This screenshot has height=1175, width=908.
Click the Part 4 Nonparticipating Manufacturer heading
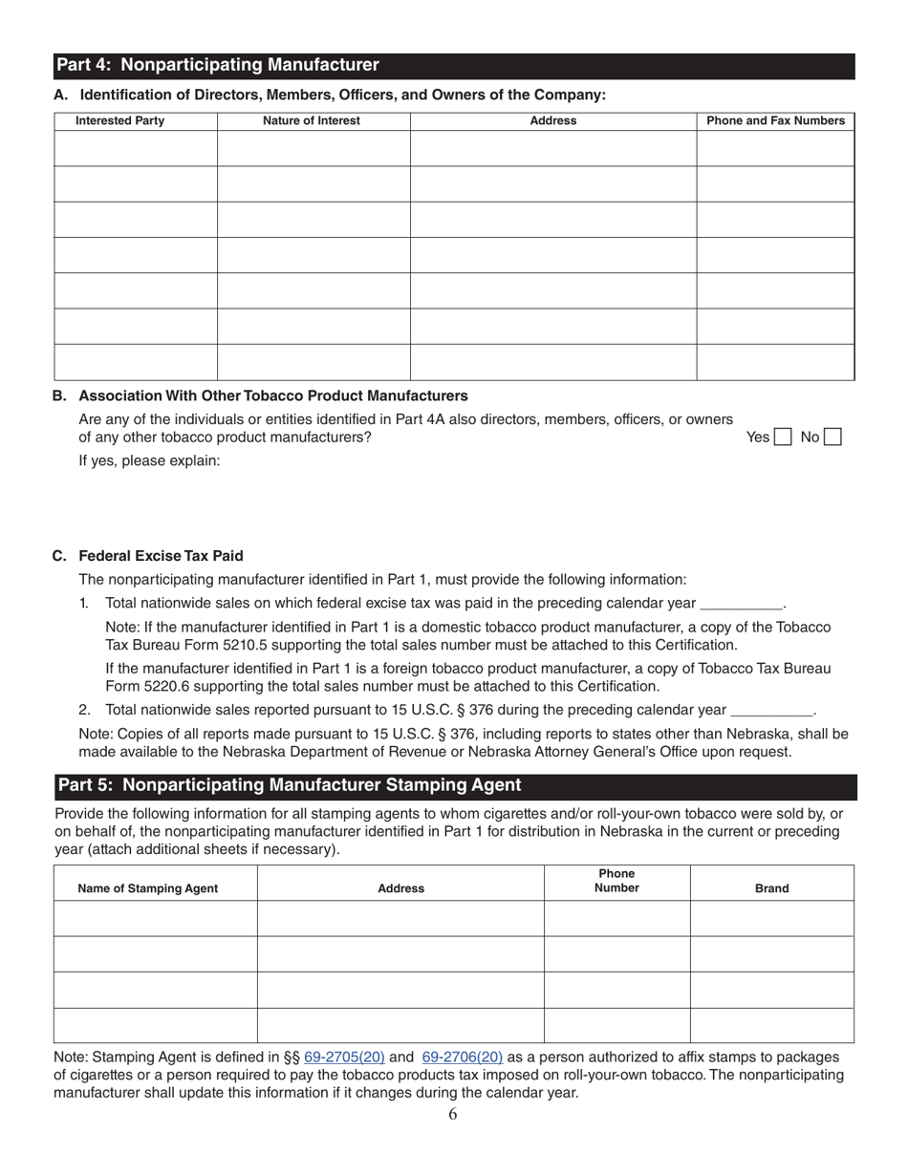point(218,65)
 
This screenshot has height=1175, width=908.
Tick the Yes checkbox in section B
point(782,438)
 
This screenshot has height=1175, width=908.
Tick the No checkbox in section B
point(832,438)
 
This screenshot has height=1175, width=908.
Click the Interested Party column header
point(119,120)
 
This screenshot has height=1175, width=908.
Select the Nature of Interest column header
point(312,120)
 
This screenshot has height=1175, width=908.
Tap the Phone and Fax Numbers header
point(775,120)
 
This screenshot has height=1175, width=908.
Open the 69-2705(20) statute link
point(344,1057)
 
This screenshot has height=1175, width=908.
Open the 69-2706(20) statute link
point(463,1057)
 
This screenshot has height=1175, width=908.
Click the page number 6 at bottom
point(452,1114)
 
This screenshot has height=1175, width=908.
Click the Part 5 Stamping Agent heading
point(290,785)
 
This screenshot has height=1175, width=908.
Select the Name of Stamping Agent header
point(147,888)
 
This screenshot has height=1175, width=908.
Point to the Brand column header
point(771,888)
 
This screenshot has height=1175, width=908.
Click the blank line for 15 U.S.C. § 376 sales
point(770,711)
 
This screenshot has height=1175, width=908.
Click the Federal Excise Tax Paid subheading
point(161,556)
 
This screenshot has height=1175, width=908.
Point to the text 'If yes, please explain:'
point(149,461)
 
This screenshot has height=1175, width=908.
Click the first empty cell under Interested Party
point(135,148)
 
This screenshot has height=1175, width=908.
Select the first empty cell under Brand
point(771,918)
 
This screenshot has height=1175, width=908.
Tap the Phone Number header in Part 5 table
point(616,881)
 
